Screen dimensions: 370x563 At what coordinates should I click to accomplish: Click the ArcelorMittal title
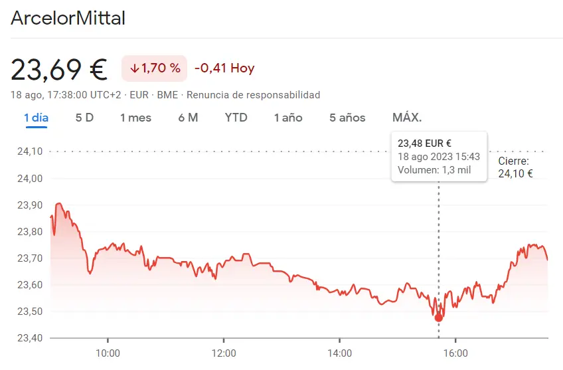pyautogui.click(x=68, y=18)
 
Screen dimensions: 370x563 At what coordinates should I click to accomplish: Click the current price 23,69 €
pyautogui.click(x=59, y=68)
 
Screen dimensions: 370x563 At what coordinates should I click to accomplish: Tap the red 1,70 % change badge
pyautogui.click(x=155, y=68)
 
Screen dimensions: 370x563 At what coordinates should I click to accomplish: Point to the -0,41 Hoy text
pyautogui.click(x=224, y=68)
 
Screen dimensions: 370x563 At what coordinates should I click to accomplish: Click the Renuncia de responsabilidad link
pyautogui.click(x=253, y=95)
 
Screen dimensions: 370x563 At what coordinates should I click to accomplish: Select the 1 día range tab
pyautogui.click(x=36, y=118)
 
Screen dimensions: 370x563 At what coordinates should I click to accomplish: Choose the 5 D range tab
pyautogui.click(x=84, y=118)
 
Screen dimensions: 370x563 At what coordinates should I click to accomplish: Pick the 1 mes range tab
pyautogui.click(x=135, y=118)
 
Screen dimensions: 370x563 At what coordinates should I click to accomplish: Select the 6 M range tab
pyautogui.click(x=188, y=118)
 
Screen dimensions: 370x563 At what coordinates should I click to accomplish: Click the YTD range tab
pyautogui.click(x=236, y=118)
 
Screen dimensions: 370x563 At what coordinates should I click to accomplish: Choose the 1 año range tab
pyautogui.click(x=288, y=118)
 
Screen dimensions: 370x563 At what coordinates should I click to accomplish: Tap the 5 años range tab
pyautogui.click(x=347, y=118)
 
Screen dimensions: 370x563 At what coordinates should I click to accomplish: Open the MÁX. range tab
pyautogui.click(x=407, y=118)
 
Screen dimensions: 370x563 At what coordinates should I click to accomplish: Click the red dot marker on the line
pyautogui.click(x=438, y=318)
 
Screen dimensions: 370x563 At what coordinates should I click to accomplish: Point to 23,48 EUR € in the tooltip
pyautogui.click(x=424, y=143)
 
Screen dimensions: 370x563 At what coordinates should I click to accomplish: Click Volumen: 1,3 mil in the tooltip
pyautogui.click(x=434, y=170)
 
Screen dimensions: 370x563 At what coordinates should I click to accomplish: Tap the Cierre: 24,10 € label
pyautogui.click(x=515, y=167)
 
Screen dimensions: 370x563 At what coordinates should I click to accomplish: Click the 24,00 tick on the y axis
pyautogui.click(x=29, y=178)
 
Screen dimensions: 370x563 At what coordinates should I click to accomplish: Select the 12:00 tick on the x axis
pyautogui.click(x=224, y=353)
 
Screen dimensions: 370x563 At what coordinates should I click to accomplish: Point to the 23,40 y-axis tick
pyautogui.click(x=29, y=338)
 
